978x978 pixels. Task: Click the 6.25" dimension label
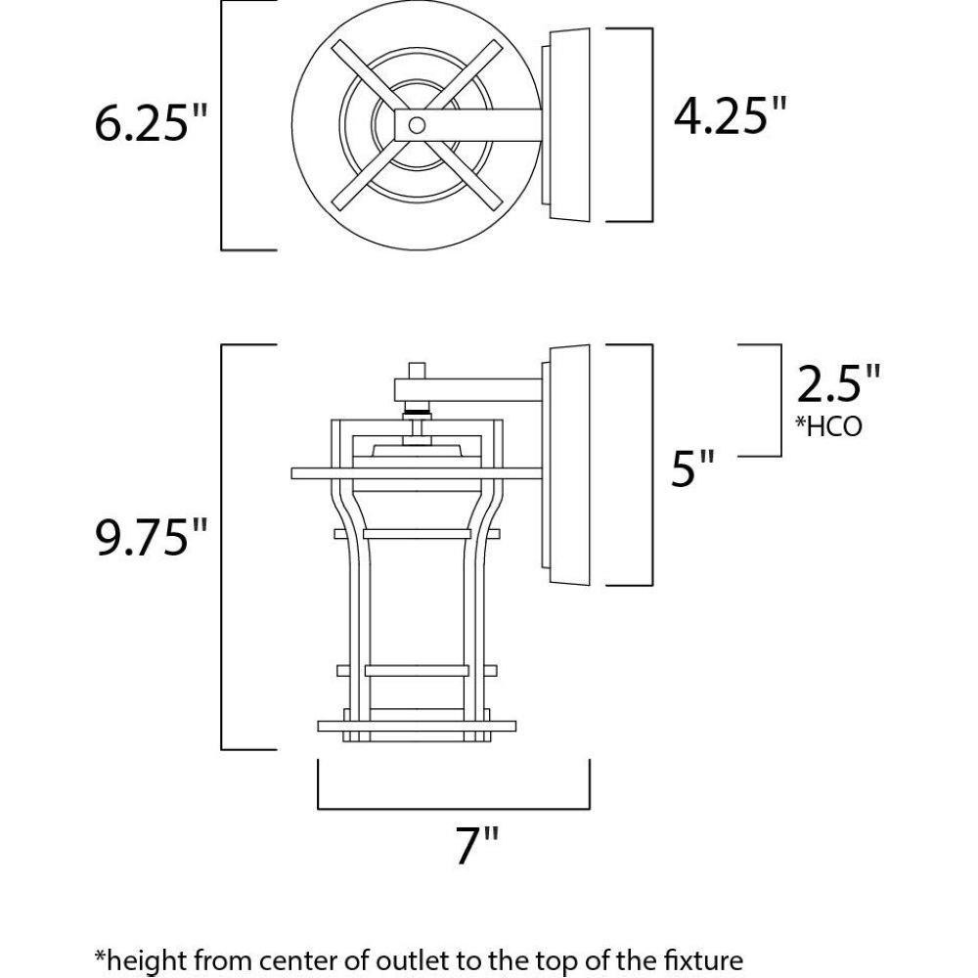(x=150, y=122)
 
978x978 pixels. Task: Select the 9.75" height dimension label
(x=150, y=536)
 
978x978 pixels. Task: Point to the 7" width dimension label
(x=478, y=845)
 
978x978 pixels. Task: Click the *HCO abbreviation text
(x=828, y=426)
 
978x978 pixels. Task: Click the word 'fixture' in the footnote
(x=705, y=959)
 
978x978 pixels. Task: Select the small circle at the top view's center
(x=417, y=125)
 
